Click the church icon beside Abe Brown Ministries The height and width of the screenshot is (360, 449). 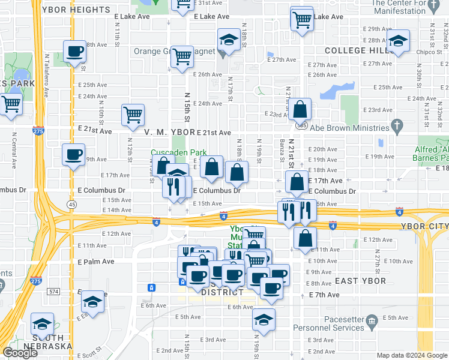click(x=396, y=126)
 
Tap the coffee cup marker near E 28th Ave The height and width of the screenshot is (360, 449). click(x=74, y=52)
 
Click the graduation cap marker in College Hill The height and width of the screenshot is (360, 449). click(x=397, y=42)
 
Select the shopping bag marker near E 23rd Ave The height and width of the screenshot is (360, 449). click(x=300, y=110)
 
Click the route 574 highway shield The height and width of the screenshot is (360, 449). click(x=55, y=291)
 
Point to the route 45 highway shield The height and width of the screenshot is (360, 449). click(x=72, y=205)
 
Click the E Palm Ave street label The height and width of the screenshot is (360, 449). click(x=96, y=262)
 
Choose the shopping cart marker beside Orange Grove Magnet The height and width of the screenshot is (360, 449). click(x=182, y=58)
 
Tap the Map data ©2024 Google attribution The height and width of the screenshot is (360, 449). click(x=412, y=355)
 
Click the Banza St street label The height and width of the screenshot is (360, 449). click(x=281, y=152)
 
